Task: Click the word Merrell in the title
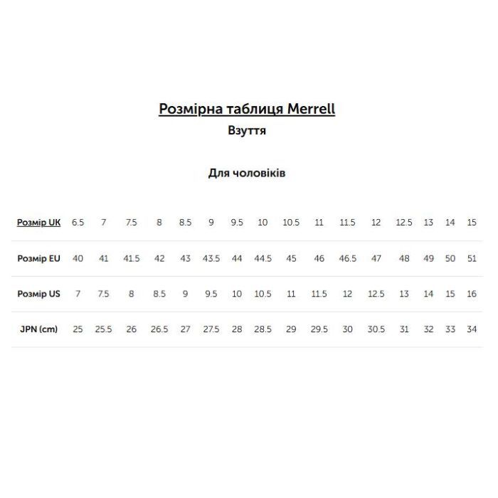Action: click(311, 109)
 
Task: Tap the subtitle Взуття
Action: click(247, 131)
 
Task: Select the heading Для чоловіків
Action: click(247, 173)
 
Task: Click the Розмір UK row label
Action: click(38, 223)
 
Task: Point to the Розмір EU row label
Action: click(38, 258)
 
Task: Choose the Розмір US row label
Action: click(38, 294)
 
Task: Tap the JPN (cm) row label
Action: click(38, 329)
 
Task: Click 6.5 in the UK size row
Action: click(78, 223)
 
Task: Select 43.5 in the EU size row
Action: click(211, 258)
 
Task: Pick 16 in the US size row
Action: click(472, 294)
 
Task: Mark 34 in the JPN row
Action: click(472, 329)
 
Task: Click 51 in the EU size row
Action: click(472, 258)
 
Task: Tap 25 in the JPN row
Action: click(78, 329)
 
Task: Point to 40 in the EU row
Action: click(78, 258)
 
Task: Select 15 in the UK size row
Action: click(472, 223)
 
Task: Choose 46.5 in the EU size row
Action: click(347, 258)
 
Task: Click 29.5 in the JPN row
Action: click(319, 329)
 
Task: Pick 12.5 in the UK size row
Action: click(404, 223)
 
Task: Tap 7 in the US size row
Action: click(78, 294)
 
